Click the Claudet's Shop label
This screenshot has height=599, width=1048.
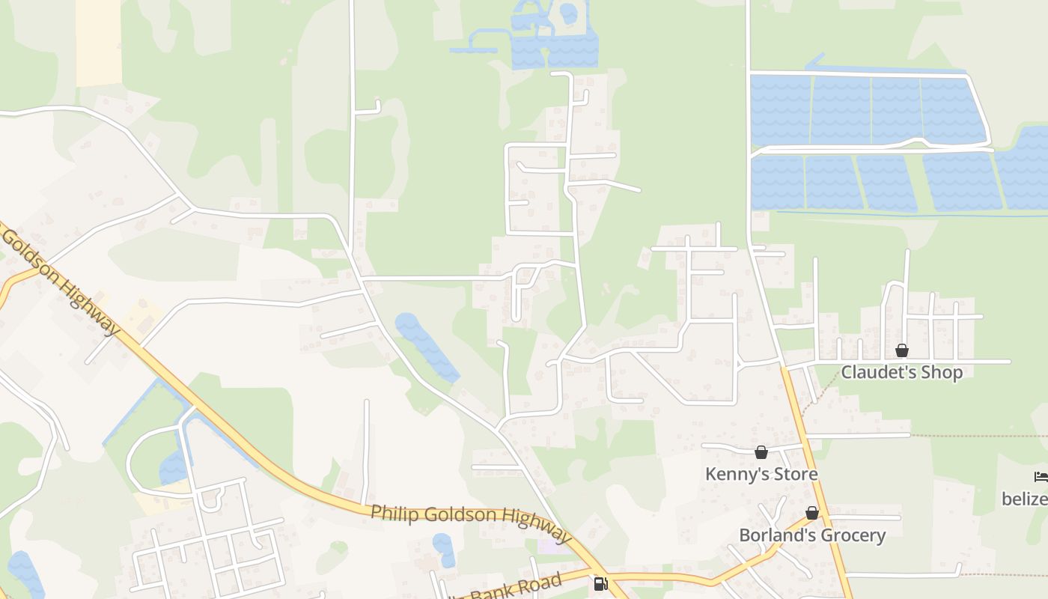click(901, 372)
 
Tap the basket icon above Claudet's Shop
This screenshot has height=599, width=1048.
click(902, 350)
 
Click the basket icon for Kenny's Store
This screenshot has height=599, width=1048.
click(761, 452)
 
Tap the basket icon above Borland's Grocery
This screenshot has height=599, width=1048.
click(812, 514)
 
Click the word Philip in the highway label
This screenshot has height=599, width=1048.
click(392, 513)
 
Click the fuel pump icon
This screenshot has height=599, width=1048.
click(600, 584)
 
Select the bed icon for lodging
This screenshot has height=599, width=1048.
click(1041, 476)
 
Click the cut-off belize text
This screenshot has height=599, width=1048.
click(1025, 498)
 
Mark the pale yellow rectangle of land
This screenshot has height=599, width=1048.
click(98, 43)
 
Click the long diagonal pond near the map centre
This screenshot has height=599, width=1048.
click(426, 347)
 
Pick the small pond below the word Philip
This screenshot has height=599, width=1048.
click(443, 550)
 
